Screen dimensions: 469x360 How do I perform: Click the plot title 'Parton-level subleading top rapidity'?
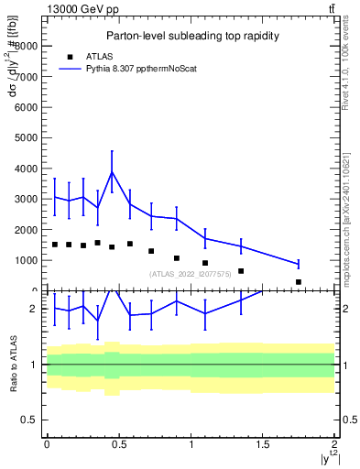coord(191,36)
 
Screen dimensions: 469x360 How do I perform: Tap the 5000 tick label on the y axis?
coord(25,137)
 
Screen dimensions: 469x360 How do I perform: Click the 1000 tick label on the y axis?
coord(25,260)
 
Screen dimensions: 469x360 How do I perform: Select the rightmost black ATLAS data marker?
coord(299,282)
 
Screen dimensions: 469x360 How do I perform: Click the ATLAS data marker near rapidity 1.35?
coord(241,271)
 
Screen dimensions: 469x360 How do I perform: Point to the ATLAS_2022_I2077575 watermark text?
coord(191,273)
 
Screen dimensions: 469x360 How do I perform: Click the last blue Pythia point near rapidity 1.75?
coord(299,264)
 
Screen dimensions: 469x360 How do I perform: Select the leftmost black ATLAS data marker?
coord(55,245)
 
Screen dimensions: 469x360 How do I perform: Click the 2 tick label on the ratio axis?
coord(34,309)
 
